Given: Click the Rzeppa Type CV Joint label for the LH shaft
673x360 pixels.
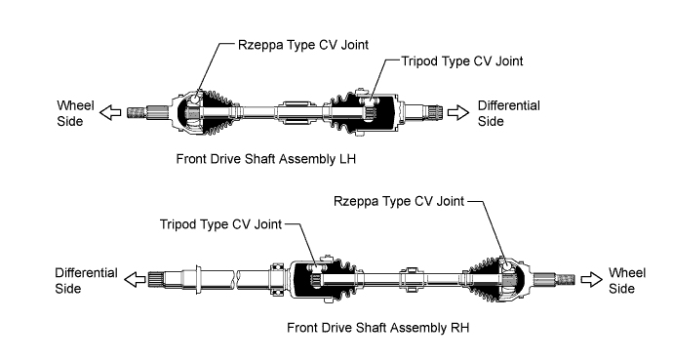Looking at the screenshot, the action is (303, 45).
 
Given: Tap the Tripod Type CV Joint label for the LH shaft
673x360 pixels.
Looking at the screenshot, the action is (462, 61).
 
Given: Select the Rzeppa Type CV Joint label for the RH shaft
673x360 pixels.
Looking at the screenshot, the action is (399, 201).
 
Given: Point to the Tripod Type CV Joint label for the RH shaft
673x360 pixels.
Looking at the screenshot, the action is (220, 224).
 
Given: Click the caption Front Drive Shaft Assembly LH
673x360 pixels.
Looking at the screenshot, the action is (266, 159).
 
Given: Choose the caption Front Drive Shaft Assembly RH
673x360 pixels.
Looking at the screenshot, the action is (378, 328).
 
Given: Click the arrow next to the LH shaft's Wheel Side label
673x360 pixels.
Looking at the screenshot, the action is (110, 113).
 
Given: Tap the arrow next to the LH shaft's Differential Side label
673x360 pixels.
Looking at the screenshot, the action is (458, 113).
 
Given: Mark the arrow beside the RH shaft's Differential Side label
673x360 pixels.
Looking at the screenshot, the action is (135, 280).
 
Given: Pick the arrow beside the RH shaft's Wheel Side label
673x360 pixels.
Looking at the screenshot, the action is (592, 280).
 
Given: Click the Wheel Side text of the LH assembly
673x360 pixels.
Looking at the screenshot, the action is (75, 113).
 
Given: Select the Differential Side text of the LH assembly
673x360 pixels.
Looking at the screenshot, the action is (508, 113).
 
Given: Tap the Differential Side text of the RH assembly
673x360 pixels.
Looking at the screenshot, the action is (86, 281).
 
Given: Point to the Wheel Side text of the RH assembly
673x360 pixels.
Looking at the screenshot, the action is (626, 281).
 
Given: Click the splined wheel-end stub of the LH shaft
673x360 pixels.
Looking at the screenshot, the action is (137, 113).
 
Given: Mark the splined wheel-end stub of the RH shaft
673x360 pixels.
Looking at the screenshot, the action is (566, 280).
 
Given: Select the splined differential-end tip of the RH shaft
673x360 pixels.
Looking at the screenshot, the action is (154, 280).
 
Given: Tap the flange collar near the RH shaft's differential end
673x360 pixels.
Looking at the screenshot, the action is (198, 280).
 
